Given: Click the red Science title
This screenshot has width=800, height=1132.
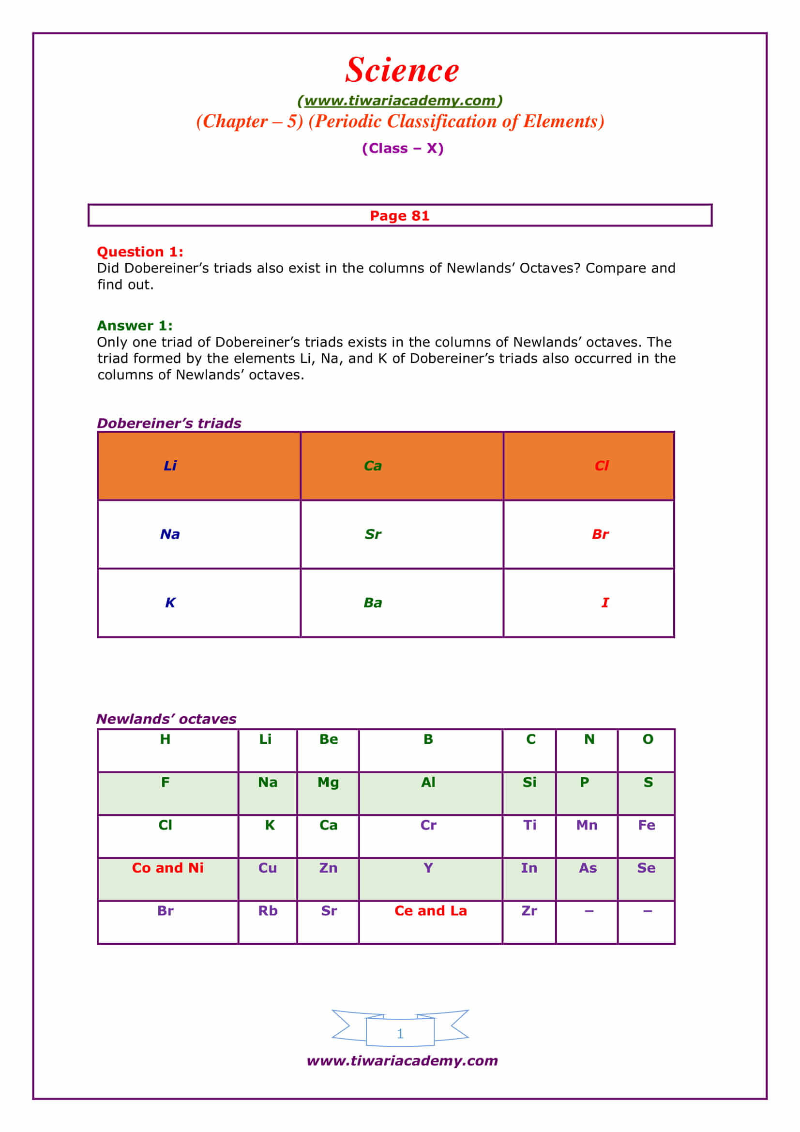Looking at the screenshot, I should pyautogui.click(x=402, y=70).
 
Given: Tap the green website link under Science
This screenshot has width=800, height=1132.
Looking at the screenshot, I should pyautogui.click(x=400, y=101).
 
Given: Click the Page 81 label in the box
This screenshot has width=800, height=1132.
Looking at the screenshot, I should pyautogui.click(x=399, y=215).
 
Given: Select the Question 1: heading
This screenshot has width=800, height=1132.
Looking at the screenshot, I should pyautogui.click(x=140, y=252).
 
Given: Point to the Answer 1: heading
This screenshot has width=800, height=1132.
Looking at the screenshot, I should pyautogui.click(x=135, y=325).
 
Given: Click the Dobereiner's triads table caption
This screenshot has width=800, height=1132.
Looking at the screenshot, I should pyautogui.click(x=169, y=423).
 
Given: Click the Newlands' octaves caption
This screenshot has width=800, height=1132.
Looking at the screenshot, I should pyautogui.click(x=166, y=719).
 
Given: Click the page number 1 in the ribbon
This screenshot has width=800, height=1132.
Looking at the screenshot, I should pyautogui.click(x=400, y=1033).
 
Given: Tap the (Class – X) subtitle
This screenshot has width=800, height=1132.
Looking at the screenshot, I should pyautogui.click(x=402, y=149).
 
